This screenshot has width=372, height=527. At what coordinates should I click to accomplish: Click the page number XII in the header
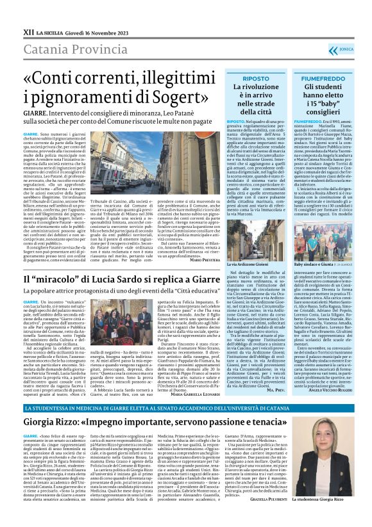click(28, 30)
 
